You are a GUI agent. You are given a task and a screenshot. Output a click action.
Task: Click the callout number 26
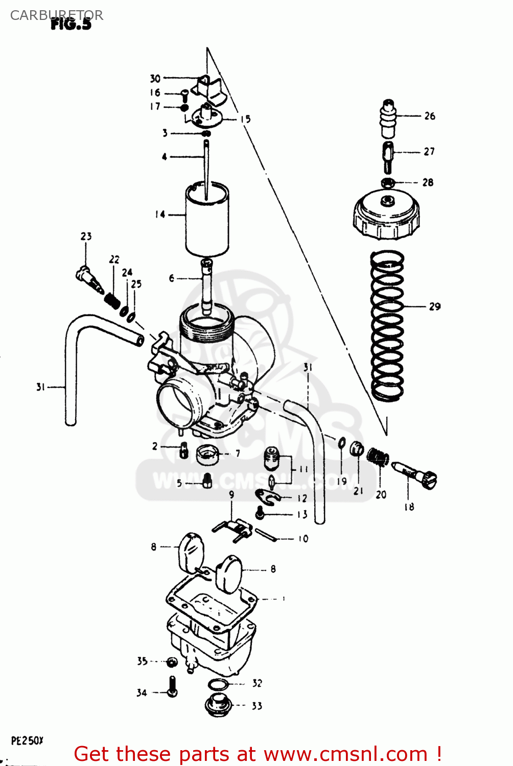pos(430,116)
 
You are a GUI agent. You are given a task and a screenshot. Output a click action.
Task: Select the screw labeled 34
pos(172,686)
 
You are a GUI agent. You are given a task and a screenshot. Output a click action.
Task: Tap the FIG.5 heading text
pos(71,24)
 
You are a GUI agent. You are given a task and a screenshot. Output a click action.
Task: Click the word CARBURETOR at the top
pos(56,15)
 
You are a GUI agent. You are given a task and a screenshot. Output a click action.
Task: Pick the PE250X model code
pos(27,740)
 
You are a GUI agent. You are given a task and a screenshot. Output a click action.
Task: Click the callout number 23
pos(86,236)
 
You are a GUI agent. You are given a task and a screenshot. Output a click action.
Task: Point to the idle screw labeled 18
pos(415,475)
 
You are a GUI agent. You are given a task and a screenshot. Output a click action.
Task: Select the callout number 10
pos(303,538)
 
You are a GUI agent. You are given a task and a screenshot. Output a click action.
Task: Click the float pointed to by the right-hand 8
pos(228,573)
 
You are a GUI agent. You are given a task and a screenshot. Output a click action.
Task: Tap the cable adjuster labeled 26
pos(388,119)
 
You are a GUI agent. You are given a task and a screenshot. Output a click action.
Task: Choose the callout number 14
pos(160,214)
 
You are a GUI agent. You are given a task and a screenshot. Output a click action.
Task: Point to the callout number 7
pos(238,453)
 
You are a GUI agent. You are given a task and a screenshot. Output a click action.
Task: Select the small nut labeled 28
pos(388,182)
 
